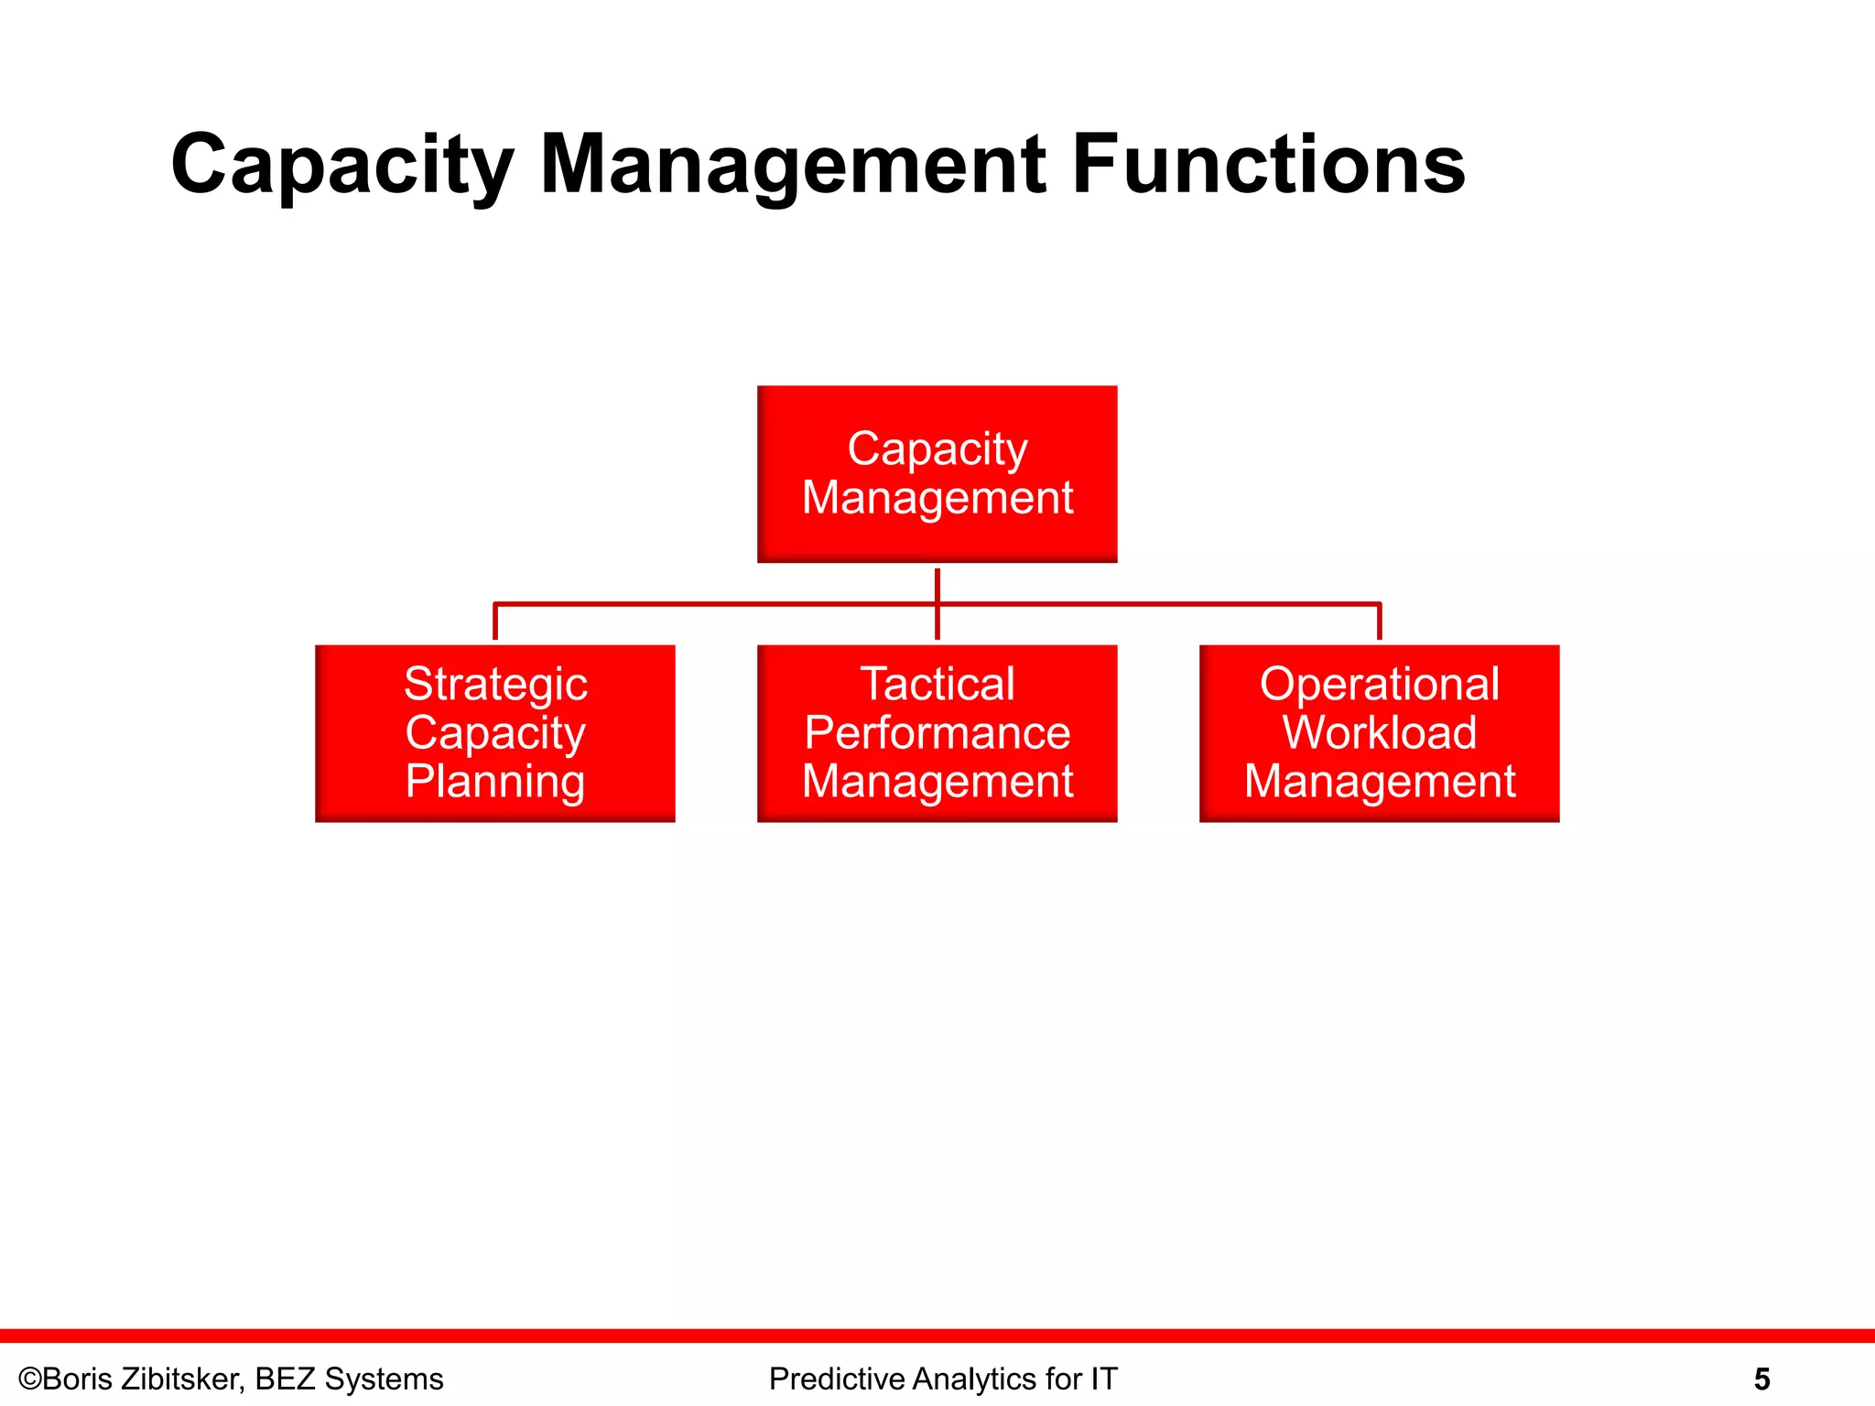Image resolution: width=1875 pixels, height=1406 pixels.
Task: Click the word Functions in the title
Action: point(1268,166)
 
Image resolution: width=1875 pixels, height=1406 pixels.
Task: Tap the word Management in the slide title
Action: point(793,166)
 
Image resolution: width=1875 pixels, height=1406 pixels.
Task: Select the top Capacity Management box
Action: point(937,473)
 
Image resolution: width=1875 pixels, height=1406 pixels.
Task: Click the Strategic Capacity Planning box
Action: point(494,733)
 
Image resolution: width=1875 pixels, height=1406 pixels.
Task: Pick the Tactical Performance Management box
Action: point(937,733)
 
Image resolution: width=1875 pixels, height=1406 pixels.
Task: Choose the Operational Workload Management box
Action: point(1379,733)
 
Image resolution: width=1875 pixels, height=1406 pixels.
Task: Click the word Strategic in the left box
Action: point(495,684)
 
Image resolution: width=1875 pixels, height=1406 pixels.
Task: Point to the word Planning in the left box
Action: point(495,782)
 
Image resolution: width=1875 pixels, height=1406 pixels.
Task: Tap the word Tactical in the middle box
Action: point(937,684)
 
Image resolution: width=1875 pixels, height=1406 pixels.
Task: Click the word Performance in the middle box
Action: point(937,732)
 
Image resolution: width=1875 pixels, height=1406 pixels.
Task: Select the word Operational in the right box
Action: point(1379,684)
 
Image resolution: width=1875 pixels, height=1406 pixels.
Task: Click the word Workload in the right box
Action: point(1379,732)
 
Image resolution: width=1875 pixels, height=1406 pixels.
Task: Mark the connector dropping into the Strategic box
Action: point(495,622)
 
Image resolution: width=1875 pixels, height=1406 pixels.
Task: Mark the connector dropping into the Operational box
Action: point(1379,622)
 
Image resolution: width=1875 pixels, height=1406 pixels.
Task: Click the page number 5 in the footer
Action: point(1761,1379)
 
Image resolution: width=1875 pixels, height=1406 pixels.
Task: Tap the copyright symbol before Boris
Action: point(30,1379)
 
